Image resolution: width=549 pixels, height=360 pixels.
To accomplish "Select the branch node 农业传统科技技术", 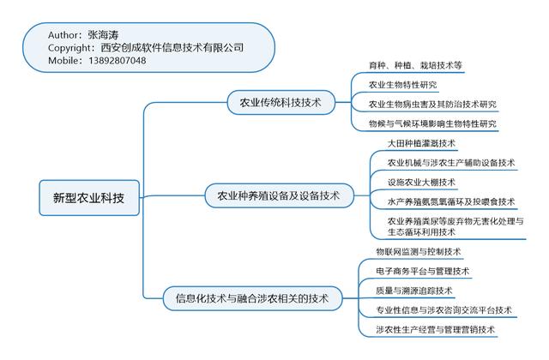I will pyautogui.click(x=274, y=103).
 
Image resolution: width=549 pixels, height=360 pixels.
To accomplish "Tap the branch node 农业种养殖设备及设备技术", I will pyautogui.click(x=274, y=196).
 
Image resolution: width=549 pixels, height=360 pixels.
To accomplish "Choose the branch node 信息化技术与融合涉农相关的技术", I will pyautogui.click(x=251, y=298).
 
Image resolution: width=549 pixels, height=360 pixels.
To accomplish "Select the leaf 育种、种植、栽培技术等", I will pyautogui.click(x=415, y=65).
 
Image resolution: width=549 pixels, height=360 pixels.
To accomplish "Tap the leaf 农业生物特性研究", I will pyautogui.click(x=403, y=85).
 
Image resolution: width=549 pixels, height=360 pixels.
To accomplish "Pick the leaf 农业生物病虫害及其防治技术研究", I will pyautogui.click(x=432, y=105).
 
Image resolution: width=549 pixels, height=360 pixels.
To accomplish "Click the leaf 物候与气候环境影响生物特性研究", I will pyautogui.click(x=432, y=124).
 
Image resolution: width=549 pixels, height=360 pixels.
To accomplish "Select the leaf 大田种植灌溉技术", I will pyautogui.click(x=421, y=143).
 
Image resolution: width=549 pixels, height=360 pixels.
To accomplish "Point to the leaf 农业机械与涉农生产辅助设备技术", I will pyautogui.click(x=451, y=163).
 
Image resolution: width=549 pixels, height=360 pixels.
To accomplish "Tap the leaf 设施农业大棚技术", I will pyautogui.click(x=421, y=182).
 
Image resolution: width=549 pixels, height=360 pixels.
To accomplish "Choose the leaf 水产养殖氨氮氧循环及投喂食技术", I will pyautogui.click(x=451, y=201).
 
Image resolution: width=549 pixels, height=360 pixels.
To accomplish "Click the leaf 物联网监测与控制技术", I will pyautogui.click(x=418, y=252).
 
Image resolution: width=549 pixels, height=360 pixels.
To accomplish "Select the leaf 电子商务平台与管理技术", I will pyautogui.click(x=422, y=272).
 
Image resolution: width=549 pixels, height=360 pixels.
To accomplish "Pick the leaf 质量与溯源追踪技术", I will pyautogui.click(x=413, y=291).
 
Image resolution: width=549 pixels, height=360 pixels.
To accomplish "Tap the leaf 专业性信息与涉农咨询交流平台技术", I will pyautogui.click(x=443, y=310).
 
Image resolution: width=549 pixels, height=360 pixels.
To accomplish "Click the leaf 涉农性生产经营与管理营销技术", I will pyautogui.click(x=435, y=330).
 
